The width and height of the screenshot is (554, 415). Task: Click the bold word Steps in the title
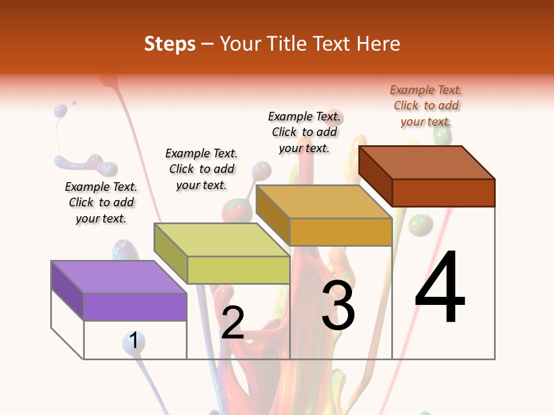(170, 44)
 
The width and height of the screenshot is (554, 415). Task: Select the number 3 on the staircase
(338, 305)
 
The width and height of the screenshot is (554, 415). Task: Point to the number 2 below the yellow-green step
(233, 323)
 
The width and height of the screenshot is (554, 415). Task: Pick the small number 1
(134, 340)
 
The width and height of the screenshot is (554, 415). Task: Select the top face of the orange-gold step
(324, 202)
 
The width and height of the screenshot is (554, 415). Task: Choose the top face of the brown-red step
(427, 163)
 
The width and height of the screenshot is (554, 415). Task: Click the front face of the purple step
(135, 307)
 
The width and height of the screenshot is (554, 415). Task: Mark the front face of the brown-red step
(443, 193)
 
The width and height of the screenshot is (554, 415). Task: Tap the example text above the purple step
(101, 202)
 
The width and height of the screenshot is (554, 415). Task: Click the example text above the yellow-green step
(201, 169)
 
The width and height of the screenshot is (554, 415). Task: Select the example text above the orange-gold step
(304, 132)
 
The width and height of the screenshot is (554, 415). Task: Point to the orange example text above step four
(426, 105)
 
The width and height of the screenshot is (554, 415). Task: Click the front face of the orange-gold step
(340, 232)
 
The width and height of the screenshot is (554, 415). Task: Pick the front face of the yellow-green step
(238, 270)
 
